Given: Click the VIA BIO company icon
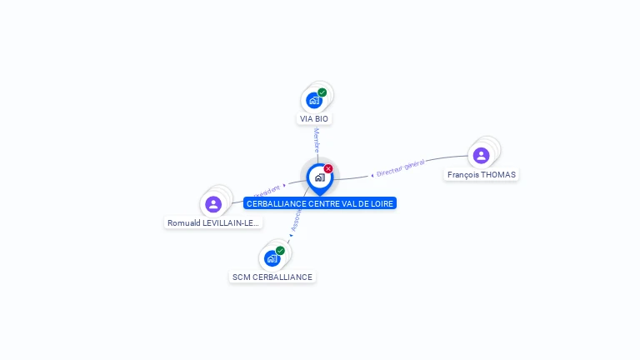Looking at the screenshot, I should point(314,100).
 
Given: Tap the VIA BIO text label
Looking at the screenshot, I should point(314,119).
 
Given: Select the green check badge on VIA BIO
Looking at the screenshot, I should point(322,92).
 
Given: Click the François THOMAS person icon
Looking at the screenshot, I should point(481,155).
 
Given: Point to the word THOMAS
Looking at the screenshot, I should point(498,175).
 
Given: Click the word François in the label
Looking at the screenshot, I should point(462,175).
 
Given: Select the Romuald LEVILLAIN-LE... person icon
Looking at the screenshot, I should point(213,203).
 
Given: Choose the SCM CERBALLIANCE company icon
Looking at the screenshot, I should point(272,258).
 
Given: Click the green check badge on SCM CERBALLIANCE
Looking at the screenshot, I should point(280,251).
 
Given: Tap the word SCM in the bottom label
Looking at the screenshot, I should point(241,277).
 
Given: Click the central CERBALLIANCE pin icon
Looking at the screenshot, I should point(319,177).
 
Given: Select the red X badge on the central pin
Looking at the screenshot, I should point(328,169).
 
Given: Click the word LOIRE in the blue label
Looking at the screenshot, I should point(382,203).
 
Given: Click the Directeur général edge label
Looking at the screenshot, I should point(400,167).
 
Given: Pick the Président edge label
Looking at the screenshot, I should point(267,189).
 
